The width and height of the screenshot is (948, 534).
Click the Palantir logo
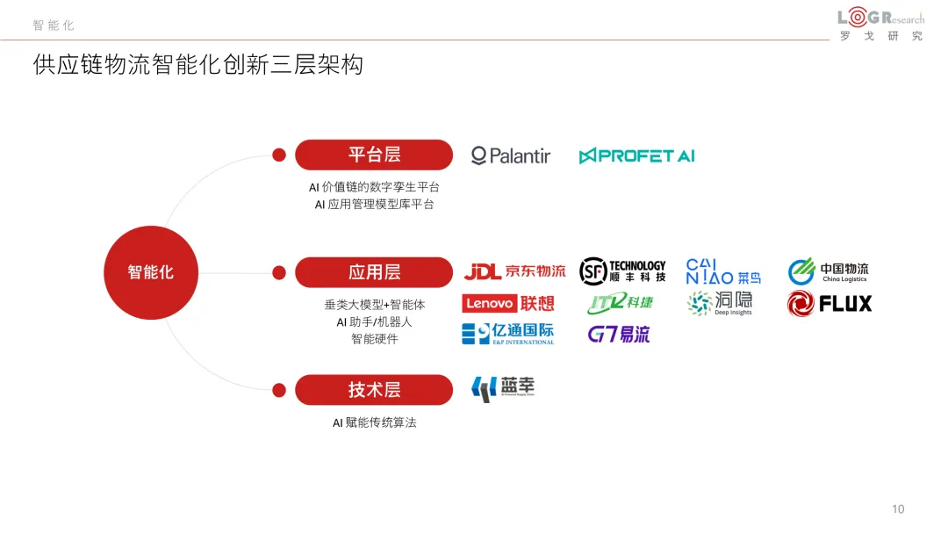pyautogui.click(x=511, y=156)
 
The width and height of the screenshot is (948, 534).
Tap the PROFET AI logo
pyautogui.click(x=636, y=156)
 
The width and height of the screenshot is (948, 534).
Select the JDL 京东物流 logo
pyautogui.click(x=514, y=271)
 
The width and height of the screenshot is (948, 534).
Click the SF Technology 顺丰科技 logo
pyautogui.click(x=622, y=271)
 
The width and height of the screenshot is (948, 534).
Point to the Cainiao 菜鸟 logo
pyautogui.click(x=722, y=271)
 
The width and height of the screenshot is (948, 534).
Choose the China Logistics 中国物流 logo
pyautogui.click(x=828, y=271)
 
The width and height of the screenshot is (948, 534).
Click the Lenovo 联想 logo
pyautogui.click(x=508, y=304)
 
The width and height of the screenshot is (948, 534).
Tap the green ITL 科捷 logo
pyautogui.click(x=621, y=303)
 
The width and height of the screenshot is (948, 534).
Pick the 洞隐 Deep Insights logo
pyautogui.click(x=720, y=303)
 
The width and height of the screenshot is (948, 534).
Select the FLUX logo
pyautogui.click(x=829, y=304)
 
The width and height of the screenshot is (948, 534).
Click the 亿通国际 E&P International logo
pyautogui.click(x=508, y=334)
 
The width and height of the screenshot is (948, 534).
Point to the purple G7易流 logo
pyautogui.click(x=619, y=335)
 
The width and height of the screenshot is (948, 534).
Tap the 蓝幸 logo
pyautogui.click(x=503, y=388)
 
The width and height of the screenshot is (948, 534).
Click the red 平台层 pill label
pyautogui.click(x=374, y=155)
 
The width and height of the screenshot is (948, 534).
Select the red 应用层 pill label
pyautogui.click(x=374, y=272)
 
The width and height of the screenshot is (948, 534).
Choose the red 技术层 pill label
pyautogui.click(x=374, y=390)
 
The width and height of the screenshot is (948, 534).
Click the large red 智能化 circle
pyautogui.click(x=151, y=272)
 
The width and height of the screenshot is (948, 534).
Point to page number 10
pyautogui.click(x=898, y=509)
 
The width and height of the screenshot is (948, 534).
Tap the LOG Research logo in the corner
pyautogui.click(x=880, y=25)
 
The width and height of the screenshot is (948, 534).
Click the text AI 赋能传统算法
pyautogui.click(x=374, y=422)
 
